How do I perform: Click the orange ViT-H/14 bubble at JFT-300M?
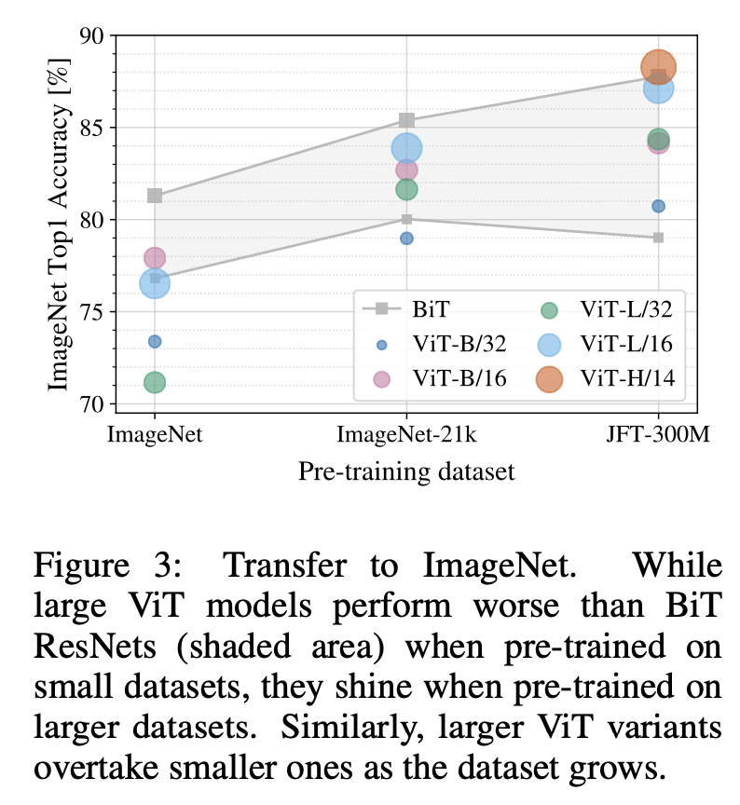click(x=658, y=67)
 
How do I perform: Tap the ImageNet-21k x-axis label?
click(x=406, y=434)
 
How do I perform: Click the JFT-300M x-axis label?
click(x=658, y=434)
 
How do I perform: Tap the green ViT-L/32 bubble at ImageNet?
click(x=155, y=382)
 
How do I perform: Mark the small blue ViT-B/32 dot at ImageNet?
click(x=155, y=342)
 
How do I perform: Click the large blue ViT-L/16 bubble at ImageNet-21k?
click(x=406, y=147)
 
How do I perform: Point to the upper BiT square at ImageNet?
click(x=155, y=196)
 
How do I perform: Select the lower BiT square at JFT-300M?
click(x=658, y=238)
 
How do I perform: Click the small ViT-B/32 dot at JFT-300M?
click(x=658, y=206)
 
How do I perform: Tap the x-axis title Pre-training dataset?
click(x=406, y=472)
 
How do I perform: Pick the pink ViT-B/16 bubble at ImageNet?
click(x=155, y=257)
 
